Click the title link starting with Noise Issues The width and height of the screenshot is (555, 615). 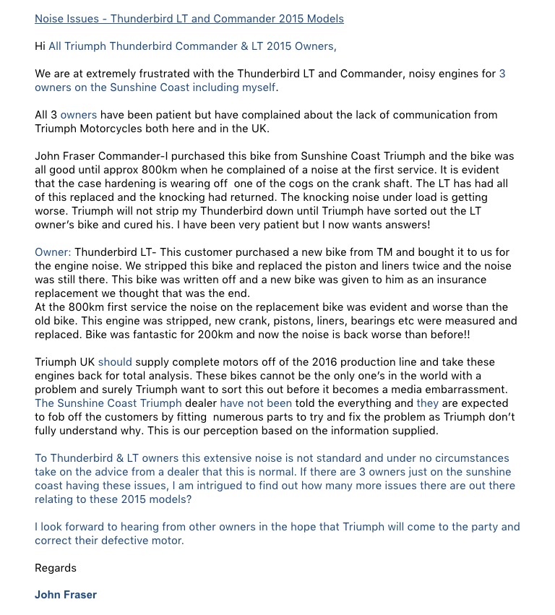pyautogui.click(x=189, y=19)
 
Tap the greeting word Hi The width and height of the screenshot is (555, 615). pyautogui.click(x=40, y=46)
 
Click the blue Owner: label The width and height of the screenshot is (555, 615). pyautogui.click(x=53, y=252)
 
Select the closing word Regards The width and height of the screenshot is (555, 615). pyautogui.click(x=56, y=568)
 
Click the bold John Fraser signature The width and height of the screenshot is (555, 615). pyautogui.click(x=66, y=595)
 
